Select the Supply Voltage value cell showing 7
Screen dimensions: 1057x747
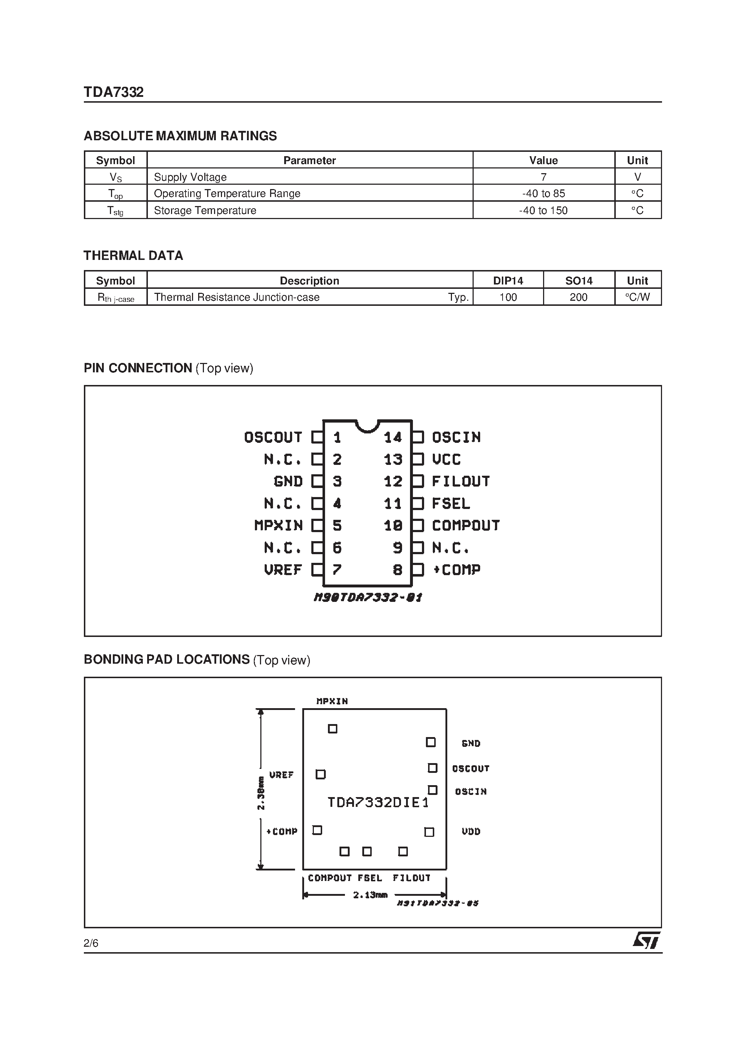543,177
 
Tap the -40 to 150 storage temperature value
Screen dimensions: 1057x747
543,210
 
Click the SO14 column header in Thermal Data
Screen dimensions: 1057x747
579,281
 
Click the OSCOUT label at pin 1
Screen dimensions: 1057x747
273,437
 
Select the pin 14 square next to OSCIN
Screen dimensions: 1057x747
418,437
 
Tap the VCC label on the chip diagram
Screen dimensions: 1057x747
446,459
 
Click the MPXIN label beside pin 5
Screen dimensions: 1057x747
278,525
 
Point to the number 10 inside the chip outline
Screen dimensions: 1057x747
393,525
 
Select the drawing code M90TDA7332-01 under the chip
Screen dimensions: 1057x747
367,598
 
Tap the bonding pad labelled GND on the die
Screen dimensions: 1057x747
431,742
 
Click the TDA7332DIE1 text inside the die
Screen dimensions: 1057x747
377,803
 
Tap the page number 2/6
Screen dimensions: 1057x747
91,943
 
